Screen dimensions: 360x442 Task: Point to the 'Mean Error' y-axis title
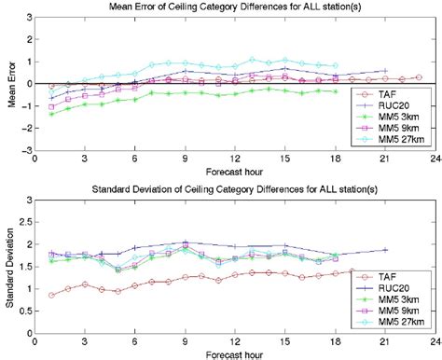pos(9,84)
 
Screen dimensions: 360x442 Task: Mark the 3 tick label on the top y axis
pos(27,18)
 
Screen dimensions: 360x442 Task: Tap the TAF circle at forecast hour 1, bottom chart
pos(51,295)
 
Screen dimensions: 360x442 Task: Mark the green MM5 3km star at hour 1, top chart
pos(51,114)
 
